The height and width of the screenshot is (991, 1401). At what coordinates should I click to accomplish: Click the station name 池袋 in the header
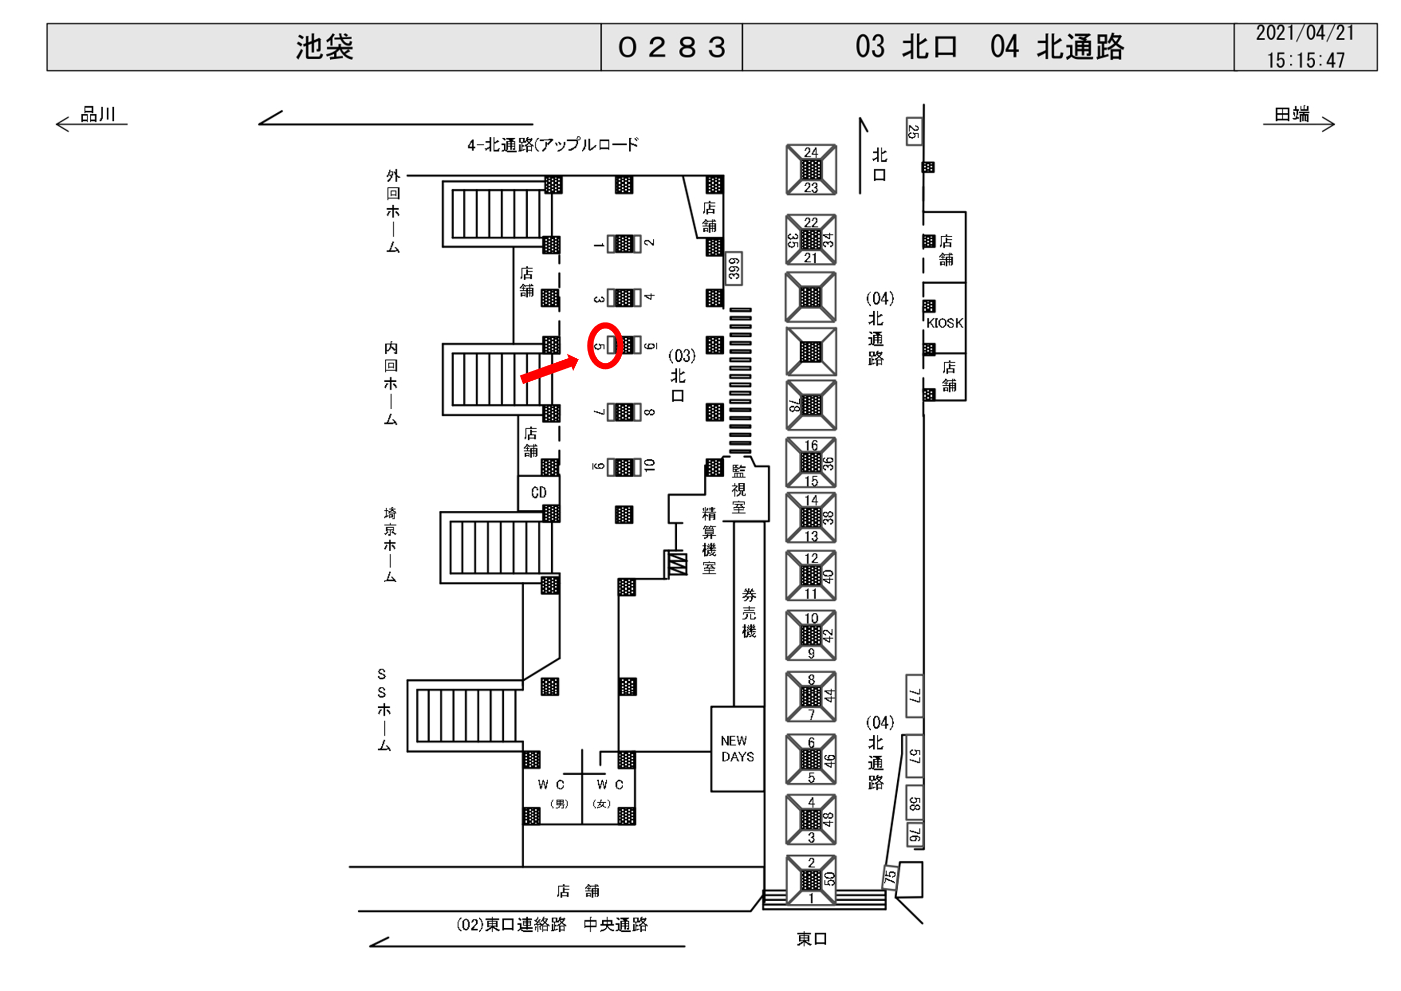pyautogui.click(x=325, y=47)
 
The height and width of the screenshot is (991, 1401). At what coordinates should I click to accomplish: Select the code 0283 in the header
pyautogui.click(x=672, y=47)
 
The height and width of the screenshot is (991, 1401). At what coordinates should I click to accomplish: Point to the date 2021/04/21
pyautogui.click(x=1305, y=33)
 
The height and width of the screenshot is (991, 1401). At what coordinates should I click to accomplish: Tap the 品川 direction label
pyautogui.click(x=98, y=114)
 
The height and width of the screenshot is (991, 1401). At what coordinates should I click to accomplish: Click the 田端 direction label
pyautogui.click(x=1292, y=114)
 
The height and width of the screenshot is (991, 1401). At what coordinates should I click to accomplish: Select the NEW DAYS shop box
pyautogui.click(x=737, y=749)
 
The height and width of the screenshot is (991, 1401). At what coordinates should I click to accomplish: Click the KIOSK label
pyautogui.click(x=945, y=323)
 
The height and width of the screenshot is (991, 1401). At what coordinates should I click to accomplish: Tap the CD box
pyautogui.click(x=538, y=492)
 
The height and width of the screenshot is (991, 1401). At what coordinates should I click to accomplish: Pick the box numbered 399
pyautogui.click(x=734, y=268)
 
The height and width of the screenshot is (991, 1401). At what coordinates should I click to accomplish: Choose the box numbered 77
pyautogui.click(x=914, y=696)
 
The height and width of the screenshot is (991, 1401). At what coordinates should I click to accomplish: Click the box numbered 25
pyautogui.click(x=914, y=131)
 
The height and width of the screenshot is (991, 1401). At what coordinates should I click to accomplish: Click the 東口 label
pyautogui.click(x=812, y=939)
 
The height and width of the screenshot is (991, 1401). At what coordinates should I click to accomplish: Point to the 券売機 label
pyautogui.click(x=749, y=613)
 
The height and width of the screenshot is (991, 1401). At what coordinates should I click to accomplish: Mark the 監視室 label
pyautogui.click(x=739, y=489)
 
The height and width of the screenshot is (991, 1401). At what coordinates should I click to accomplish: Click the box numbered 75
pyautogui.click(x=890, y=876)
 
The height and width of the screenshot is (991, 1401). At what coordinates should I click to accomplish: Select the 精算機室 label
pyautogui.click(x=708, y=540)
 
